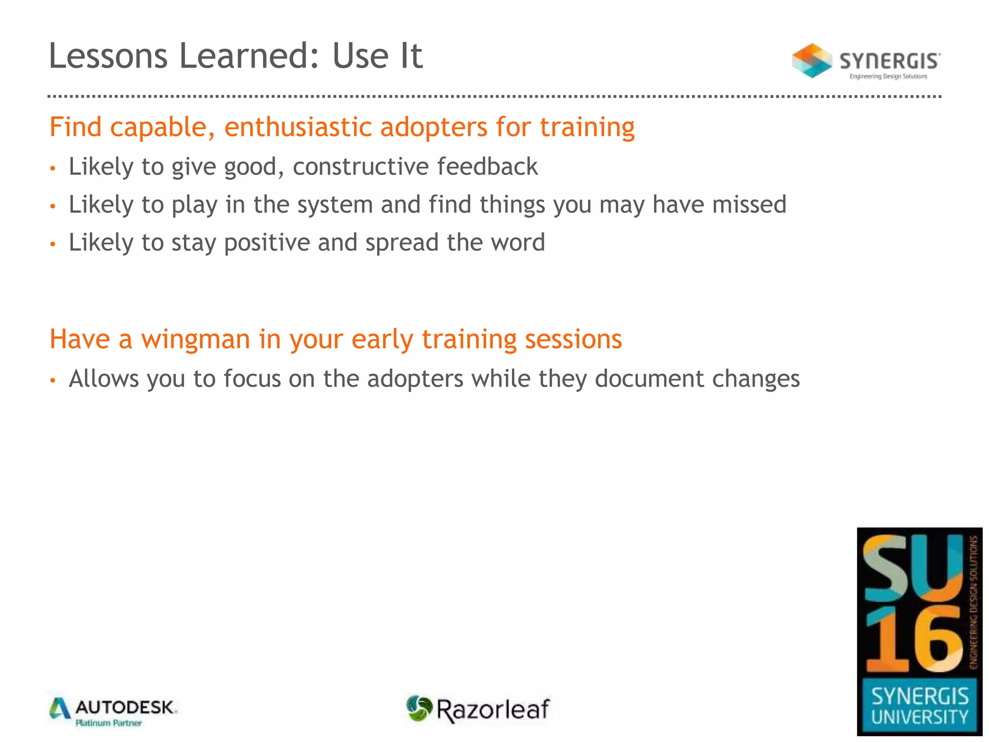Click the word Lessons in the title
tap(108, 56)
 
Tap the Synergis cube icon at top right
tap(812, 60)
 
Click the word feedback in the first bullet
tap(487, 167)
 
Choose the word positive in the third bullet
tap(267, 243)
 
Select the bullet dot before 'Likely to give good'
tap(53, 169)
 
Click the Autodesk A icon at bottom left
tap(60, 709)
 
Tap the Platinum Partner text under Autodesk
tap(109, 723)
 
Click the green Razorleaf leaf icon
tap(419, 708)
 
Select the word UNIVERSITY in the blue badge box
tap(919, 717)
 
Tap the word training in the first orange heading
tap(587, 128)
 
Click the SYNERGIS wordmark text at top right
tap(890, 61)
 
